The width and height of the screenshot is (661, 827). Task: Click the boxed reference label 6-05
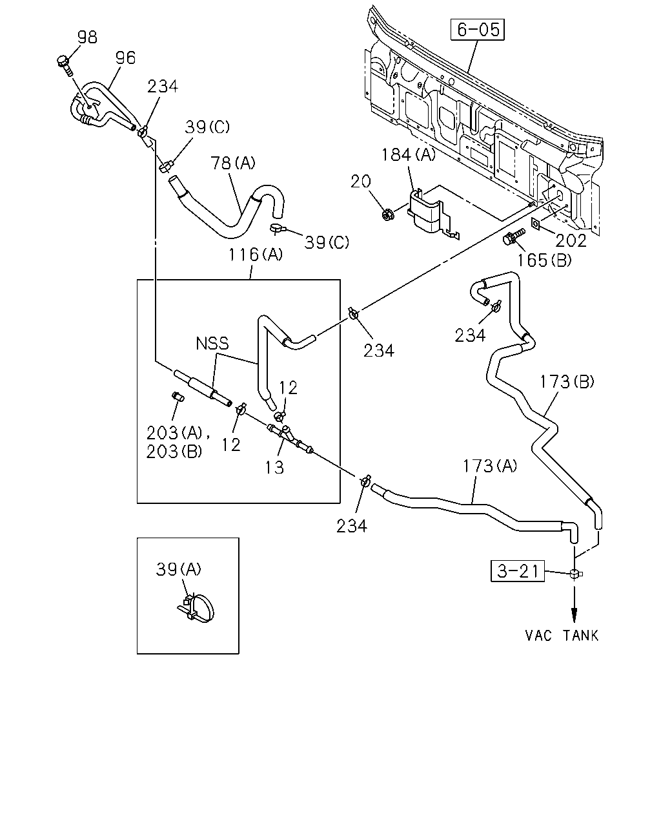pos(477,30)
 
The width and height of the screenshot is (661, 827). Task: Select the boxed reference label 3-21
pos(517,571)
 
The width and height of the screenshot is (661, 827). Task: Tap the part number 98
pos(88,37)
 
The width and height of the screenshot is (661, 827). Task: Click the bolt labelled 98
pos(65,66)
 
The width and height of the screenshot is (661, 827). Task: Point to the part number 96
pos(126,58)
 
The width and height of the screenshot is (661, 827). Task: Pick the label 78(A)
pos(233,163)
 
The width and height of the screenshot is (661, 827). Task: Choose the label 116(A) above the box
pos(256,255)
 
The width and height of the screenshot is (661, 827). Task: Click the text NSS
pos(212,343)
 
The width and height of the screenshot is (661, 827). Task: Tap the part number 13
pos(274,467)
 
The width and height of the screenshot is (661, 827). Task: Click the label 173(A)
pos(490,466)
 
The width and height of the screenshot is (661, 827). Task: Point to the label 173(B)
pos(567,382)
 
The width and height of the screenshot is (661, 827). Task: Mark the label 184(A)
pos(408,154)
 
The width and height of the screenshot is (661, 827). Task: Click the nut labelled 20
pos(387,214)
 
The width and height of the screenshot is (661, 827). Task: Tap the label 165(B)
pos(544,260)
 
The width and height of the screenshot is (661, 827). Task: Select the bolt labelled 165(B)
pos(513,236)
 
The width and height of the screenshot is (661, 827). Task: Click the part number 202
pos(571,240)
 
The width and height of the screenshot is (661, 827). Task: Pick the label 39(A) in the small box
pos(179,569)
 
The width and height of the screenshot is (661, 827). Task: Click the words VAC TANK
pos(562,636)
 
